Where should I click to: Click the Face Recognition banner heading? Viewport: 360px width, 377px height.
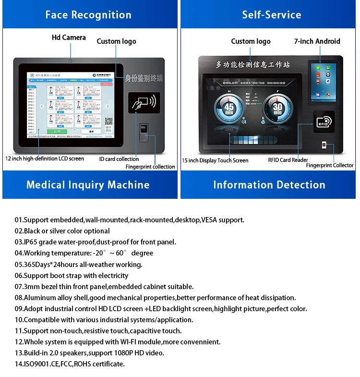click(88, 15)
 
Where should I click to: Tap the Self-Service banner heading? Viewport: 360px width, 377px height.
click(271, 15)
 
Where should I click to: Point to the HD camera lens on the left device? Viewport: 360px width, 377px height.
click(71, 61)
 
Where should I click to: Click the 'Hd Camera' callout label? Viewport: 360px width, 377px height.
click(69, 37)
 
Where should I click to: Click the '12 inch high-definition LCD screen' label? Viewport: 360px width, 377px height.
click(45, 158)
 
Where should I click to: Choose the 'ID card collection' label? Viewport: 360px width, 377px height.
click(119, 159)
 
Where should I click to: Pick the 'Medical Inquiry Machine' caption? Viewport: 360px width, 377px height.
click(88, 185)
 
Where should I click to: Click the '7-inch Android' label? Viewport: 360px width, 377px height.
click(317, 41)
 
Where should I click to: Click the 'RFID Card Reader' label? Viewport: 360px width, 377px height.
click(288, 160)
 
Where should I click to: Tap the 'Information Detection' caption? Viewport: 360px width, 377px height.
click(269, 185)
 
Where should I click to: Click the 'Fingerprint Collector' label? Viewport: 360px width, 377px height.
click(330, 166)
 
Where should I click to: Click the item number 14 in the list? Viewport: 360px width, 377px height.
click(19, 364)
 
